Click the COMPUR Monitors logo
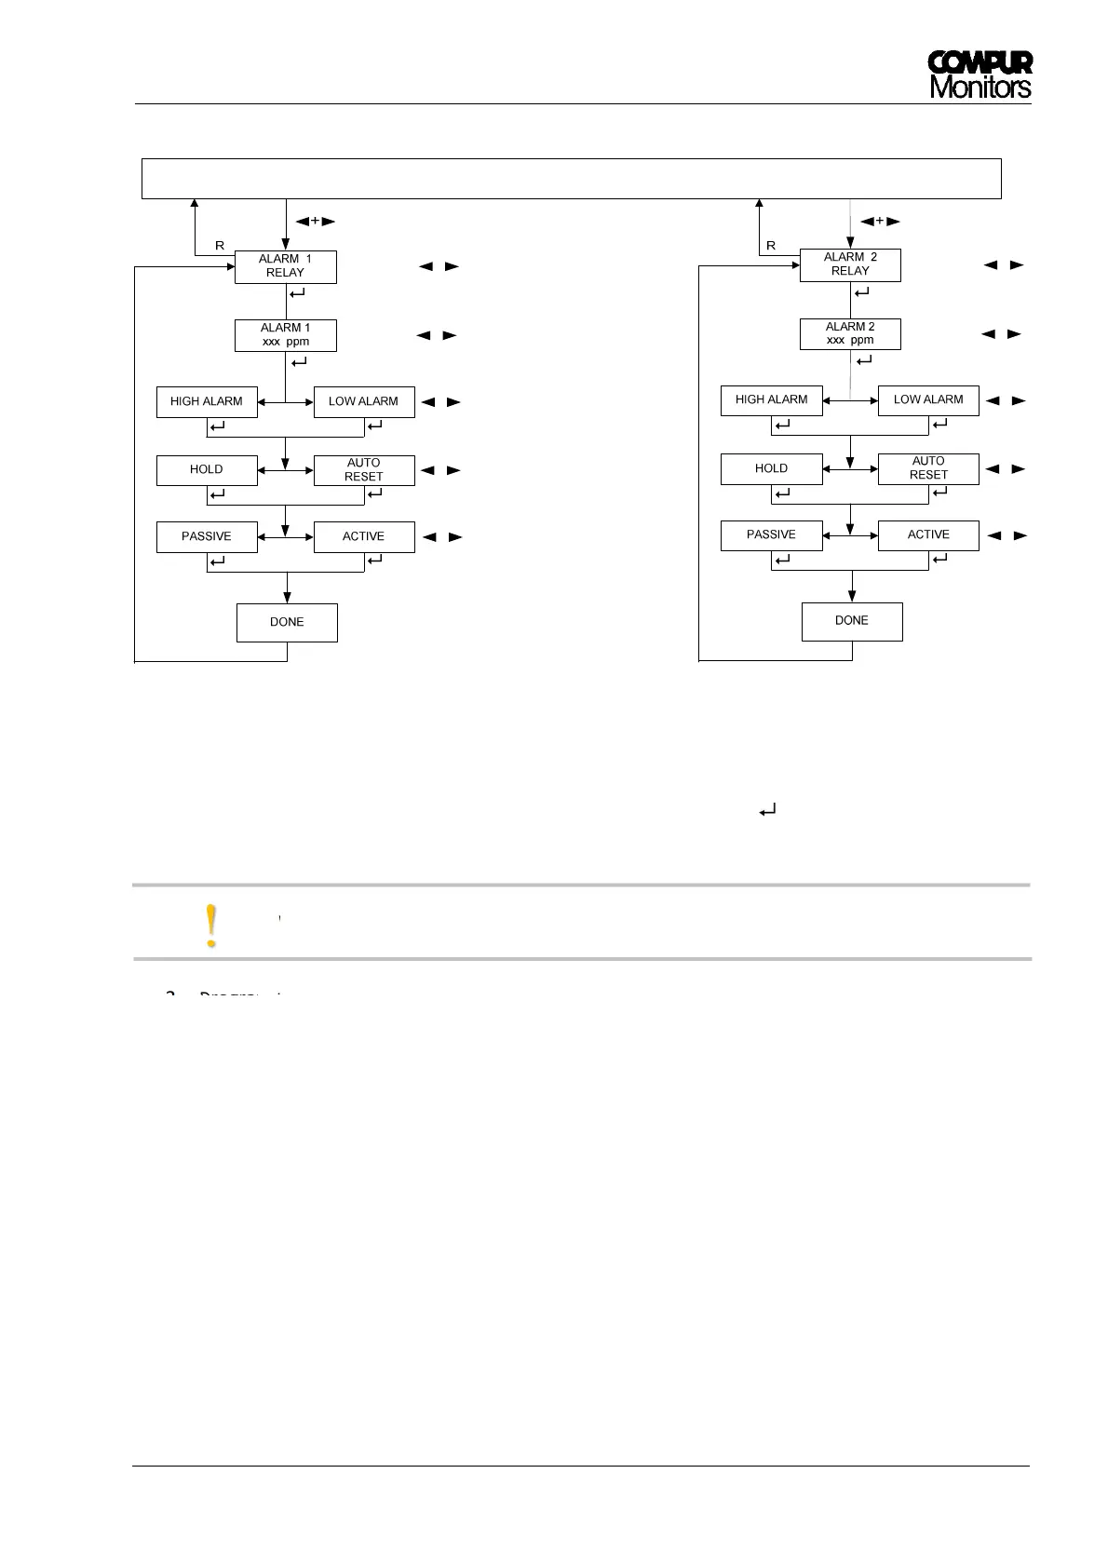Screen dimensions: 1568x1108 (980, 74)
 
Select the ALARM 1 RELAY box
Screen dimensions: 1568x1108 (285, 266)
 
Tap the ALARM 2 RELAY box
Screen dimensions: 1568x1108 (850, 264)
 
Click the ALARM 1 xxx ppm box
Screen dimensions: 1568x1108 (285, 335)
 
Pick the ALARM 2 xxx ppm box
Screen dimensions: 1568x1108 (850, 333)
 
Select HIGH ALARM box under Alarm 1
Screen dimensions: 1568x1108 (207, 402)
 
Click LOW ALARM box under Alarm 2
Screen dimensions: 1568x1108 (928, 400)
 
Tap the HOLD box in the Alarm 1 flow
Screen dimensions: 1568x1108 (207, 470)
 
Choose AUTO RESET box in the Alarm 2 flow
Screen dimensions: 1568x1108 (928, 468)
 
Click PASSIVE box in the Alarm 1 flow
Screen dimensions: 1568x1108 (207, 537)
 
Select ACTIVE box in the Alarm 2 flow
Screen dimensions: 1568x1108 (928, 535)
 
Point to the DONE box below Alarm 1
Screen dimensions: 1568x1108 (287, 622)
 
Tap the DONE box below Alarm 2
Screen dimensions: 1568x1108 (852, 621)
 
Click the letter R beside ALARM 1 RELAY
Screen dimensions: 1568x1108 (220, 246)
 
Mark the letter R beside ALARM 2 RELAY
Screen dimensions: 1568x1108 (771, 246)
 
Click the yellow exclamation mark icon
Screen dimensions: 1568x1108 (212, 926)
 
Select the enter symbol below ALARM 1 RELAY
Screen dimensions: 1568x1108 (299, 293)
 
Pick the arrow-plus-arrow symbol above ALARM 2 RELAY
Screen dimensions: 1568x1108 (879, 222)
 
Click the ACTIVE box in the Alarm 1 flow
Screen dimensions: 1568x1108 (364, 537)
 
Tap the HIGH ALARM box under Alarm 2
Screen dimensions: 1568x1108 (772, 400)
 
